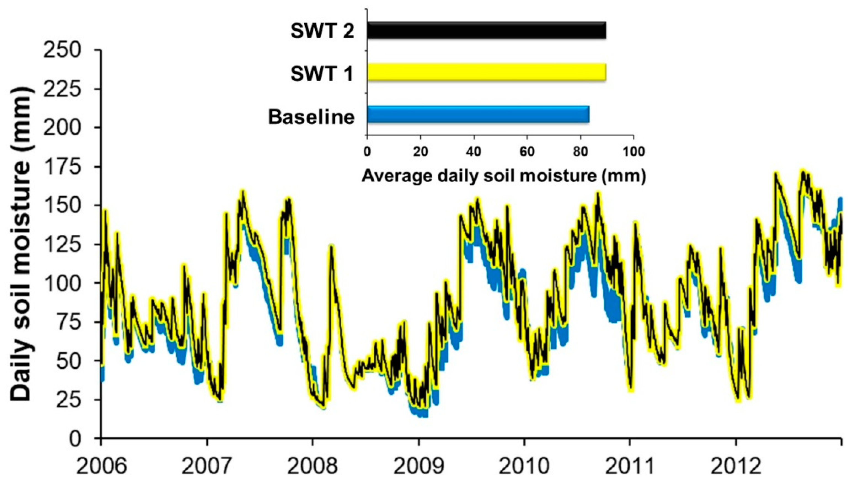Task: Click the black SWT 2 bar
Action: pos(486,30)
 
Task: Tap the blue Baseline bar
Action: pos(478,114)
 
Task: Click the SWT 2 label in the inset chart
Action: pos(322,32)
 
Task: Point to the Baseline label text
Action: pos(311,117)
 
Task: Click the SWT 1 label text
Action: pos(321,74)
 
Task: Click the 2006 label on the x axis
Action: pos(102,466)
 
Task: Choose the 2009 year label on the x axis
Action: pos(419,466)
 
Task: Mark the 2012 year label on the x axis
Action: pos(736,466)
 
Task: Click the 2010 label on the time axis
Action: pos(524,466)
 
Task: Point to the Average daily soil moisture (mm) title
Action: pos(504,175)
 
